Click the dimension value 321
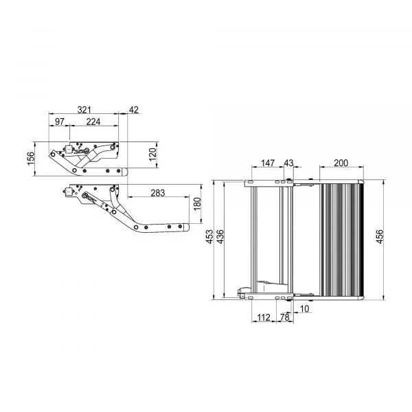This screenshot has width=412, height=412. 84,110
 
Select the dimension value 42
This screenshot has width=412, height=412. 134,110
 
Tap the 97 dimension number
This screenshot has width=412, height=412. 59,122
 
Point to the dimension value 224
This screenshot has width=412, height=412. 93,122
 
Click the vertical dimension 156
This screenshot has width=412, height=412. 31,159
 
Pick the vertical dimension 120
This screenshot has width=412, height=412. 152,154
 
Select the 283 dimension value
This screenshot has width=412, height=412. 158,193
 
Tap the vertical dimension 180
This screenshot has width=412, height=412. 197,204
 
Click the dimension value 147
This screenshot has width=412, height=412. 268,163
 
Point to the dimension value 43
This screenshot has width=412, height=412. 288,163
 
